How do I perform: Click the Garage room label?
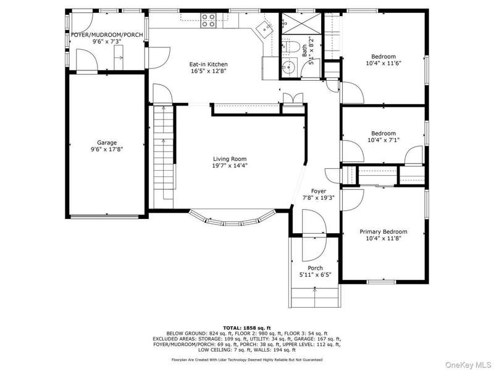point(107,143)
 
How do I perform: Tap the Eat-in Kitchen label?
point(208,65)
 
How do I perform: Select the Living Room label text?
point(230,159)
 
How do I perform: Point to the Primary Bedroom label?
point(383,232)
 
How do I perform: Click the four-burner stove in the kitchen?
point(209,20)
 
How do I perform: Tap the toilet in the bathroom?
point(290,47)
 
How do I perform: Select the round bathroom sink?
point(287,67)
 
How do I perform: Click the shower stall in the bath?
point(301,23)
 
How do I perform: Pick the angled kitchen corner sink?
point(264,29)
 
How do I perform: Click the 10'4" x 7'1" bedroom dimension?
point(383,140)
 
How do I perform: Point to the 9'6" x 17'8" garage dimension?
point(107,149)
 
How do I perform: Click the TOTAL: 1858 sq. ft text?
point(247,328)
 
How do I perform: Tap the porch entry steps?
point(315,297)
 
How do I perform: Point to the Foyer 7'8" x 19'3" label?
point(319,194)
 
